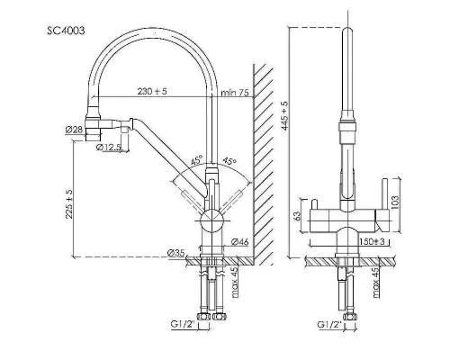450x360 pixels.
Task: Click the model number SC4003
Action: click(66, 31)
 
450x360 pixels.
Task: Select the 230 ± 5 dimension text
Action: click(152, 91)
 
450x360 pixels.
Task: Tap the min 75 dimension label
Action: click(235, 93)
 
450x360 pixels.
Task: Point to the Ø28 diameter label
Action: click(74, 130)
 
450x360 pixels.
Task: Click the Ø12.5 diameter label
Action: click(109, 147)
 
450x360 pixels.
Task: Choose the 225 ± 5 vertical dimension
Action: click(69, 204)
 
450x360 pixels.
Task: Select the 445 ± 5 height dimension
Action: click(283, 116)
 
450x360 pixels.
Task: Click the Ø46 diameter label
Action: click(240, 242)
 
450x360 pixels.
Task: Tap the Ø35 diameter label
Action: click(176, 253)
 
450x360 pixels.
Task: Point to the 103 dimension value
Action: click(395, 202)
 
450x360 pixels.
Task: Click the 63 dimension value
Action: click(296, 216)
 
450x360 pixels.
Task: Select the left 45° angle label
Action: click(197, 160)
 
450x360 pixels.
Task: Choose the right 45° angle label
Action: click(229, 160)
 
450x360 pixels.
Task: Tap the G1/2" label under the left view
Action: click(183, 324)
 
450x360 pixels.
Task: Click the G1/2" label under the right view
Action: click(329, 324)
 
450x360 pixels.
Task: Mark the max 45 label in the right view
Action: click(377, 282)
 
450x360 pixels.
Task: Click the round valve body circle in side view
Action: click(211, 220)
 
